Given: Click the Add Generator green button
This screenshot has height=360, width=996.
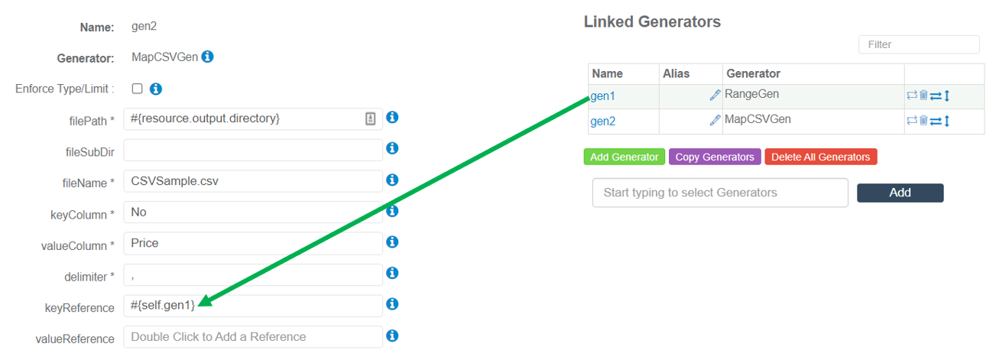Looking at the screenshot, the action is point(624,157).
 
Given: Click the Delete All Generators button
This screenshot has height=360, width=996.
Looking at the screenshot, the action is point(820,157).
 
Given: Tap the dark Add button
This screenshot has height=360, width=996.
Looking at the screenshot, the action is point(900,193).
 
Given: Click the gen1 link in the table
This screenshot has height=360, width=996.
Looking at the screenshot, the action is point(603,96).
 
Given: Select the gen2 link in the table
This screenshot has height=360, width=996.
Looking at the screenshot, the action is point(603,121).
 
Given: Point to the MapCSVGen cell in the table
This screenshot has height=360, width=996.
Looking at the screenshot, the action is point(757,119).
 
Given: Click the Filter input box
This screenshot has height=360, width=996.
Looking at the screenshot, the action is point(918,44).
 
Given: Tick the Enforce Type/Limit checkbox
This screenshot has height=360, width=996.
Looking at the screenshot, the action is point(138,89).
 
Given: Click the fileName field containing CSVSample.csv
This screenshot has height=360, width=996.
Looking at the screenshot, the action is point(252,181).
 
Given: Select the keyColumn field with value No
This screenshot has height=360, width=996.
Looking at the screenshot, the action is point(252,212).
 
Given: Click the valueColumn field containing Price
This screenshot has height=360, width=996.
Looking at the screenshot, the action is point(252,244).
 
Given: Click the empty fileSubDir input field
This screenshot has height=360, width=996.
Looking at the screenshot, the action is point(252,150).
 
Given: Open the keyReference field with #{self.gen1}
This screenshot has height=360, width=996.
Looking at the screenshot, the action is point(252,306).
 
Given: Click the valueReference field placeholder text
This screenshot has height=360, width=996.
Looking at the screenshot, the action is point(219,337).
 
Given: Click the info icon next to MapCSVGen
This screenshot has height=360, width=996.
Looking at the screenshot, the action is point(207,57).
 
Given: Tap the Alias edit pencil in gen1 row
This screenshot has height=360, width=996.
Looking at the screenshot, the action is point(715,96).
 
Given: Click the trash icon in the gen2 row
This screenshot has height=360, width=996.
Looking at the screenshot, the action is point(923,121).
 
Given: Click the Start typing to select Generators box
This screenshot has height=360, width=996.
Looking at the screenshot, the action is point(719,193).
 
